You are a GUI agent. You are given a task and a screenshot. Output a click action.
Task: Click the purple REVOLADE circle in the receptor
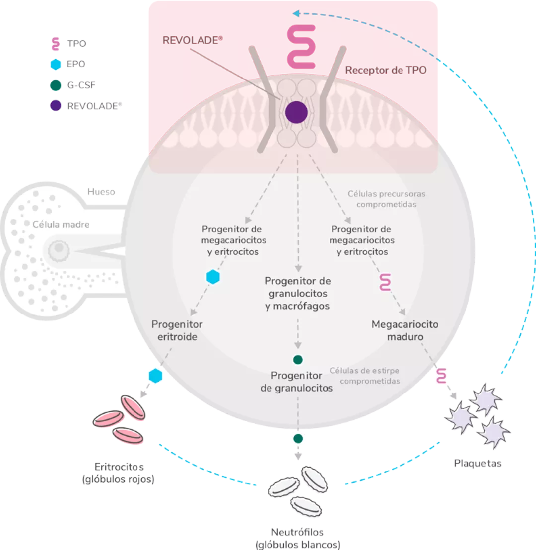click(x=296, y=112)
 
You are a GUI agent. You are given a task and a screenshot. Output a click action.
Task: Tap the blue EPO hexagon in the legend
click(x=56, y=64)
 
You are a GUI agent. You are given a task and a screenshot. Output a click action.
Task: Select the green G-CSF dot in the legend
click(x=56, y=85)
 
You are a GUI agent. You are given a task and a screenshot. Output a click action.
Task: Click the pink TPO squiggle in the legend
click(x=56, y=43)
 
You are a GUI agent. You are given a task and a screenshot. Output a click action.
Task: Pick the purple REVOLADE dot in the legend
click(x=56, y=106)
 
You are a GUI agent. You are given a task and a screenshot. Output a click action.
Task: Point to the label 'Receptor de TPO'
click(x=385, y=70)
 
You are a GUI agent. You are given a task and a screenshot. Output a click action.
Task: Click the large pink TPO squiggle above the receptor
click(x=301, y=47)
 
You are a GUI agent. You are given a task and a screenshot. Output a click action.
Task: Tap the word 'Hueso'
click(x=101, y=191)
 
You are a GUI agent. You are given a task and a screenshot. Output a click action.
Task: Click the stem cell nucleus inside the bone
click(x=60, y=247)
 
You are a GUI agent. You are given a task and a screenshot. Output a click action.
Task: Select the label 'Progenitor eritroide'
click(x=177, y=330)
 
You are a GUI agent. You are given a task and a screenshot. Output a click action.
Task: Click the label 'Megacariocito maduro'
click(x=405, y=330)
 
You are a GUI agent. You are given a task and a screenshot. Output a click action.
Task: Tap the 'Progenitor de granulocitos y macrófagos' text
click(x=297, y=293)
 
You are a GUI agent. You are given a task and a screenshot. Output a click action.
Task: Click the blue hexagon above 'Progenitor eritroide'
click(x=213, y=277)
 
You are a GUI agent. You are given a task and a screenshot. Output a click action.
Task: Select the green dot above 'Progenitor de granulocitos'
click(x=298, y=360)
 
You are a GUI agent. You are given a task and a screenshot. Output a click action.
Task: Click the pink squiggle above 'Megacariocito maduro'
click(x=385, y=282)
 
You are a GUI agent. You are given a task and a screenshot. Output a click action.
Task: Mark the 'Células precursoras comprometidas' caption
click(x=387, y=199)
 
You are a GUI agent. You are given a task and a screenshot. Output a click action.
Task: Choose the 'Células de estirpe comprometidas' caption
click(x=364, y=376)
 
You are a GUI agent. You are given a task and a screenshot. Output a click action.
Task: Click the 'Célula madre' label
click(x=61, y=224)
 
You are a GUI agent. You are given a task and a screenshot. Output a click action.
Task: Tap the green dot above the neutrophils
click(x=298, y=438)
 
